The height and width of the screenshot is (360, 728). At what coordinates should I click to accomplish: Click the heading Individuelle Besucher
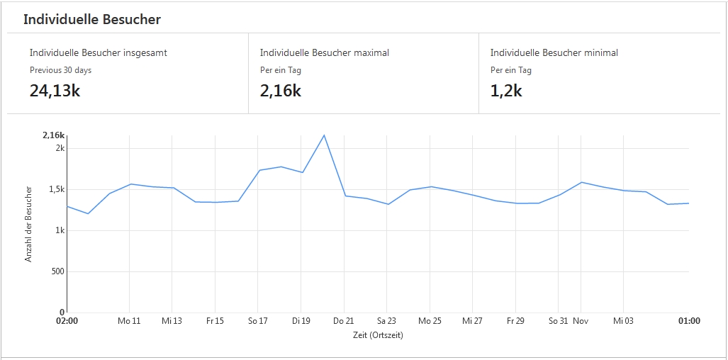click(92, 20)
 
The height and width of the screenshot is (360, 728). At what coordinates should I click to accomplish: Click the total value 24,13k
click(55, 90)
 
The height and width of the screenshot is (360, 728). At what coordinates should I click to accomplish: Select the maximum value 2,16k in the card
click(281, 90)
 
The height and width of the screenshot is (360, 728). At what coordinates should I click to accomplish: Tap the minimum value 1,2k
click(506, 90)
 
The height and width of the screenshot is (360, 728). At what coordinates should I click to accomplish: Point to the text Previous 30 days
click(60, 70)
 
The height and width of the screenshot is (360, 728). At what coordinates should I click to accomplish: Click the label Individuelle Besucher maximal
click(324, 52)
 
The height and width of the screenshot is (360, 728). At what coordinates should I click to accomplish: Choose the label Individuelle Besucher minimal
click(554, 52)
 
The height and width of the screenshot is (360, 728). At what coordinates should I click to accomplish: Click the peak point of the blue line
click(324, 135)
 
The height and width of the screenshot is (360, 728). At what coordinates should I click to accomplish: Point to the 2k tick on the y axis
click(60, 148)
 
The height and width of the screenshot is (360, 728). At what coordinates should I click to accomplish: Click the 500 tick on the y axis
click(57, 271)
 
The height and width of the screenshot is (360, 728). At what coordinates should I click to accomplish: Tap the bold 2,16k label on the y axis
click(53, 135)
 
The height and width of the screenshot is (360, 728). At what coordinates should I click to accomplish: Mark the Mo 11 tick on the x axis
click(129, 321)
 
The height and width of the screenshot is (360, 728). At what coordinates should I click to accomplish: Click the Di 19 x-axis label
click(301, 321)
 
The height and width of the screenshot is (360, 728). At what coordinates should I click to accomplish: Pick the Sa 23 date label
click(386, 321)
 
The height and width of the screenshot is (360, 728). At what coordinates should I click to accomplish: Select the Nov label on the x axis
click(581, 321)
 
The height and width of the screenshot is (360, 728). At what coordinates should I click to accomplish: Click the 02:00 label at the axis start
click(67, 321)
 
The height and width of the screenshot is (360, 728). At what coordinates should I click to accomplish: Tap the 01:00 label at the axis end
click(689, 321)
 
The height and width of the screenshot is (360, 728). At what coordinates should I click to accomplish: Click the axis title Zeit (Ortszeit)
click(378, 335)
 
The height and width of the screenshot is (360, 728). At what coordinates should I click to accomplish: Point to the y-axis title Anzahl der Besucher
click(29, 224)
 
